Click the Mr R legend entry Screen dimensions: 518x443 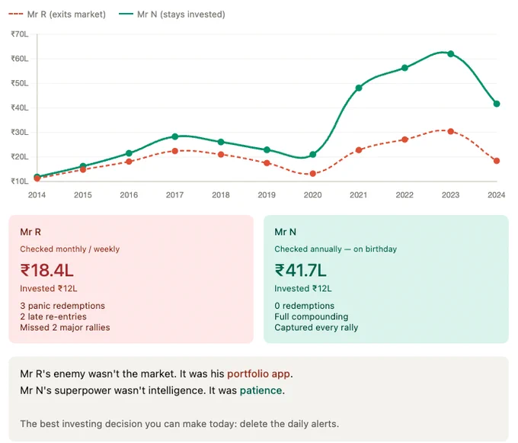[57, 14]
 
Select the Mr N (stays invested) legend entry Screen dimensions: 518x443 [172, 14]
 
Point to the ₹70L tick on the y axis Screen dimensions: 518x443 [20, 34]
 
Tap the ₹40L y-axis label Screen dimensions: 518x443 [20, 108]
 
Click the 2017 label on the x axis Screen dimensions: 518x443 [174, 195]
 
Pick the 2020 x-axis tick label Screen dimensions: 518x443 [312, 195]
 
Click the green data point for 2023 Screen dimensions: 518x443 [451, 54]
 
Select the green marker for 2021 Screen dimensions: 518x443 [359, 88]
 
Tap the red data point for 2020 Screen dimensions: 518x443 [313, 174]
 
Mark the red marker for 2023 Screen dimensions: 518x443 [451, 131]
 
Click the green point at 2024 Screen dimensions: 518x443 [497, 104]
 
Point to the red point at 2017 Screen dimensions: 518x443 [175, 151]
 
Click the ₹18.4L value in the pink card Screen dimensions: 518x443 [47, 271]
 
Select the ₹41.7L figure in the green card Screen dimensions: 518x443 [300, 271]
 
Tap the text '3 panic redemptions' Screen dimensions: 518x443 [62, 306]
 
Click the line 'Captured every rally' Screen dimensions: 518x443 [316, 328]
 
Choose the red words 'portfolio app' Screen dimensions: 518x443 [259, 374]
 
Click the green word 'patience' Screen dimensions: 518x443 [261, 390]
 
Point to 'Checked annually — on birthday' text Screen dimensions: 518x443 [335, 249]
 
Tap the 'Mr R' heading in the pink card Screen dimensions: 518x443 [30, 232]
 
